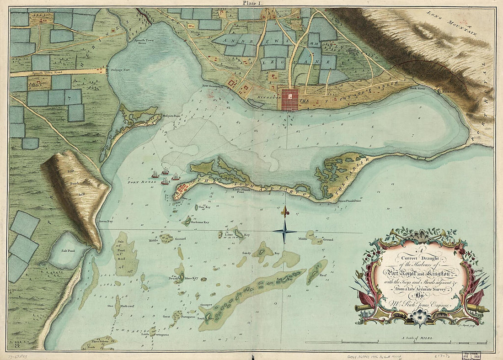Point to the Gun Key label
(x=204, y=207)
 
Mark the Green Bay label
(x=106, y=221)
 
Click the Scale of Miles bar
(x=398, y=342)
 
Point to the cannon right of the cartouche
(x=476, y=308)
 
